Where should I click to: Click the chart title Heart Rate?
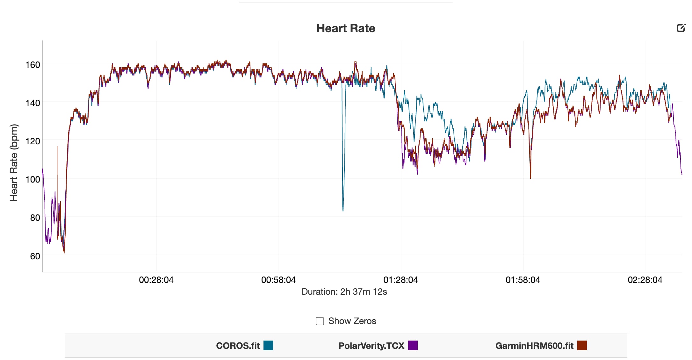[x=346, y=28]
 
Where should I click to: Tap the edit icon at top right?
[x=681, y=28]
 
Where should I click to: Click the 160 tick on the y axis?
[x=33, y=65]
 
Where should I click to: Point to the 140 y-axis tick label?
[x=33, y=103]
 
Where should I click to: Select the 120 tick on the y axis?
[x=33, y=141]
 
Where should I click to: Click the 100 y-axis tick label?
[x=33, y=180]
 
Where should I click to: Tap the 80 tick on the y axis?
[x=35, y=218]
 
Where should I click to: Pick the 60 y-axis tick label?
[x=35, y=256]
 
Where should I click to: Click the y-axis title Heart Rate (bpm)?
[x=14, y=162]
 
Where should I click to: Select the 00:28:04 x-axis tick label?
[x=156, y=280]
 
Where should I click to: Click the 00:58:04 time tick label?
[x=278, y=280]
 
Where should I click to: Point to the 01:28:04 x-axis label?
[x=400, y=280]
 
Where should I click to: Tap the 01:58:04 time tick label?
[x=523, y=280]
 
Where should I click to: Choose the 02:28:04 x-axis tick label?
[x=645, y=280]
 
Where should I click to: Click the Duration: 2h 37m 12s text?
[x=344, y=292]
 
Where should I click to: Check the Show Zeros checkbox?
[x=320, y=321]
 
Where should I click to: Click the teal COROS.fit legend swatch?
[x=268, y=345]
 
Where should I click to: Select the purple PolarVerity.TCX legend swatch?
[x=413, y=345]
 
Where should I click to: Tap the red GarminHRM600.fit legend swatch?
[x=582, y=345]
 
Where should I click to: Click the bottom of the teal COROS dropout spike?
[x=343, y=210]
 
